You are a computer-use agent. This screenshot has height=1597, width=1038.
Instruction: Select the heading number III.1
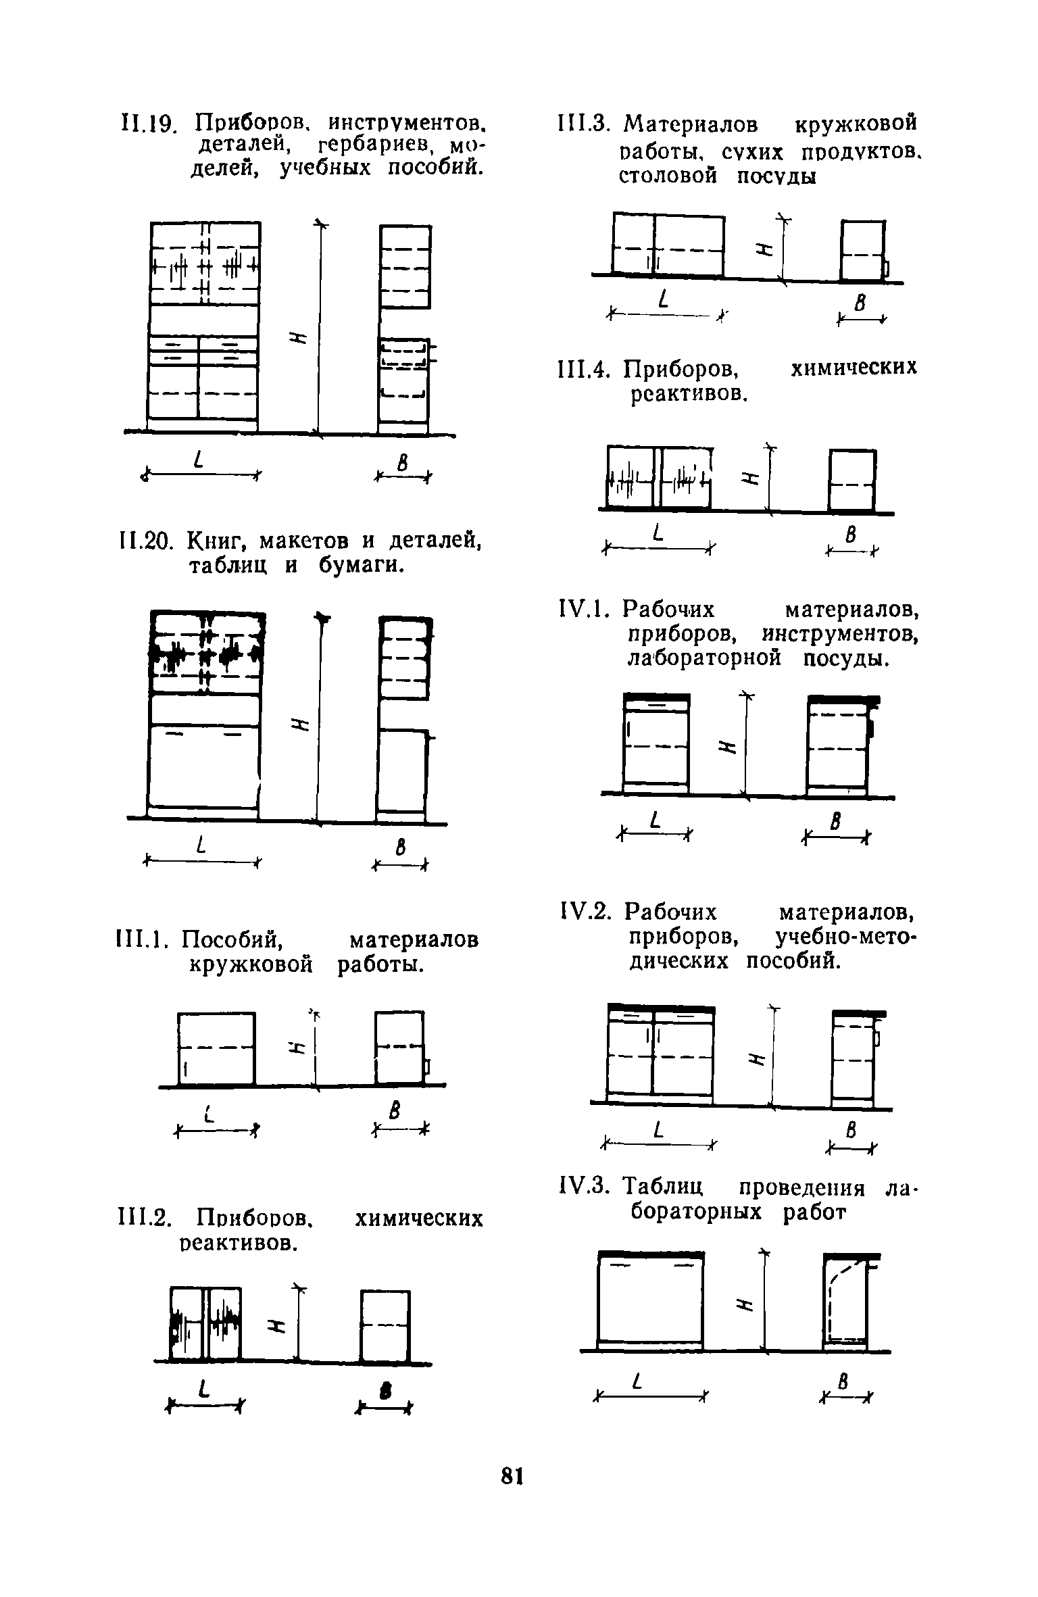tap(138, 939)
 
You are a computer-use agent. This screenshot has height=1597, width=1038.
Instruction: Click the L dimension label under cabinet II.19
tap(198, 462)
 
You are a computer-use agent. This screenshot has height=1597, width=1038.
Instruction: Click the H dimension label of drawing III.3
tap(764, 249)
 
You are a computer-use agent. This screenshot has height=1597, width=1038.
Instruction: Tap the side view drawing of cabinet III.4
tap(851, 481)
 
